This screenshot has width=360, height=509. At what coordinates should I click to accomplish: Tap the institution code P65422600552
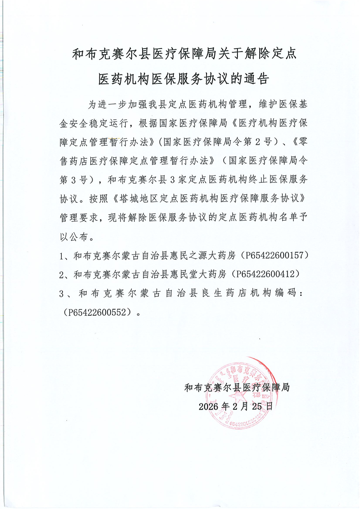101,312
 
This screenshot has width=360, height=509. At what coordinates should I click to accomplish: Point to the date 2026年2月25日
236,406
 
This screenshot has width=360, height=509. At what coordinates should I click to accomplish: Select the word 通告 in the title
259,79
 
